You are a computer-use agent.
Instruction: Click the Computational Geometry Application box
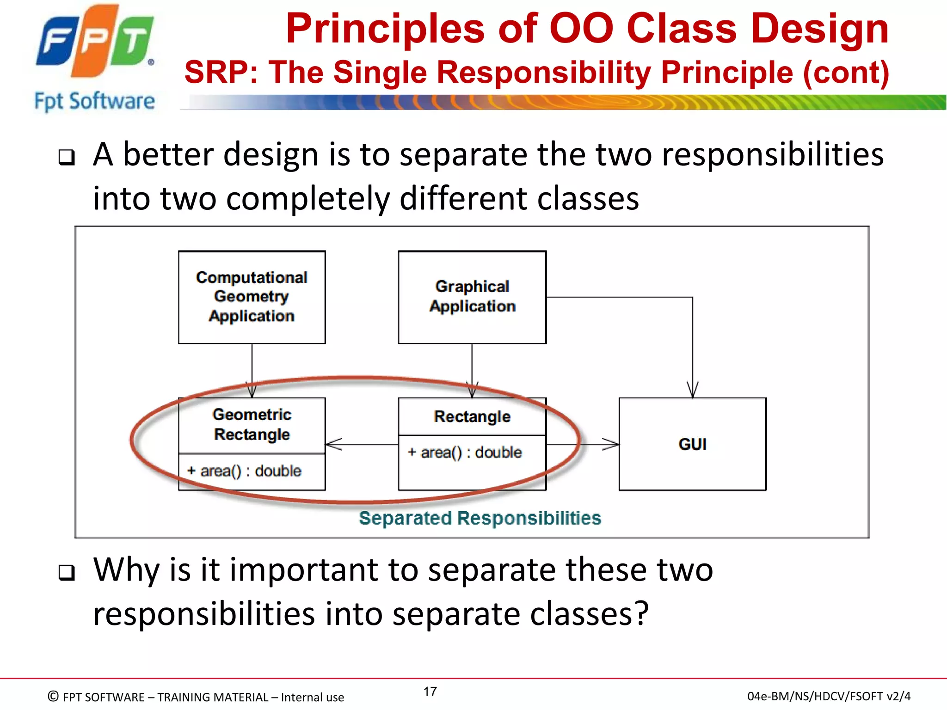tap(252, 297)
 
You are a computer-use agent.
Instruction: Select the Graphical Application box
tap(472, 297)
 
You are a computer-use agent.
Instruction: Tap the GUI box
tap(692, 444)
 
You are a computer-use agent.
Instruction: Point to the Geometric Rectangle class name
tap(252, 424)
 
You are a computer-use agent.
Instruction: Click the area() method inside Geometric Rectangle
tap(244, 471)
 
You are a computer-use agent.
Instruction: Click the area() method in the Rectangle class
tap(464, 452)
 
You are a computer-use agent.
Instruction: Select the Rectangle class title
tap(472, 416)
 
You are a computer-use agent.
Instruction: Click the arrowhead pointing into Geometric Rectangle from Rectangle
tap(333, 444)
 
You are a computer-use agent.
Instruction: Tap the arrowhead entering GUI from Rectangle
tap(611, 444)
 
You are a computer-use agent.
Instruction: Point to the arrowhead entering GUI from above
tap(692, 391)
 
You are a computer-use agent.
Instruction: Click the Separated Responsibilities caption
tap(480, 518)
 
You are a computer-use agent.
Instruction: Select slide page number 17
tap(430, 692)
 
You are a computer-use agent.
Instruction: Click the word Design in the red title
tap(819, 29)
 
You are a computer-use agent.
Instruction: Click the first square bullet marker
tap(67, 158)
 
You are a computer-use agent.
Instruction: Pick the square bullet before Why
tap(67, 573)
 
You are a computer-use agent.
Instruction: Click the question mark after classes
tap(641, 613)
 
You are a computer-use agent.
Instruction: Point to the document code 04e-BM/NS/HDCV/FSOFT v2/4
tap(829, 696)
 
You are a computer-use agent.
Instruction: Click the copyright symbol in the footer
tap(53, 696)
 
